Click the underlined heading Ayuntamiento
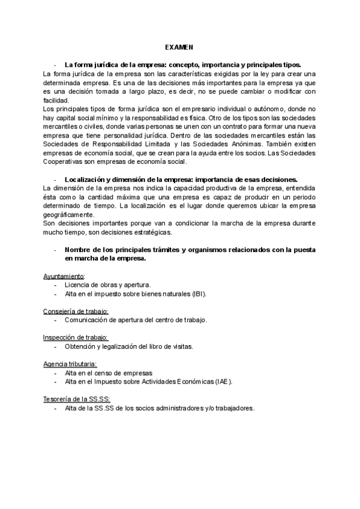point(64,276)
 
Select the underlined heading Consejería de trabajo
point(76,311)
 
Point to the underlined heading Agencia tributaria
point(70,364)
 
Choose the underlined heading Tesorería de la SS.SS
point(77,399)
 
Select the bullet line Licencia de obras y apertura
point(107,285)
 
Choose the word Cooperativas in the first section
point(65,161)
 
